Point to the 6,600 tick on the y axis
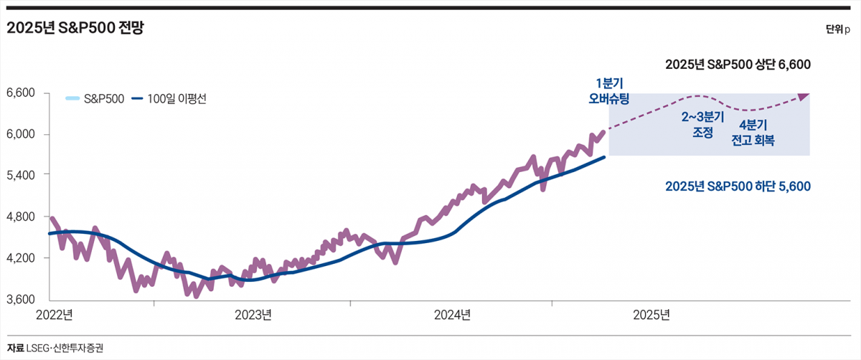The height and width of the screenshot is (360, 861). (x=21, y=93)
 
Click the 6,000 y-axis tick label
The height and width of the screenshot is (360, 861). (x=21, y=134)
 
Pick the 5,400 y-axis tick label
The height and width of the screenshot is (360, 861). (x=21, y=175)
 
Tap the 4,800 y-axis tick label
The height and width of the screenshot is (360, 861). (x=21, y=217)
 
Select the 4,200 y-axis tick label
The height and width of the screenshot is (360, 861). (x=21, y=257)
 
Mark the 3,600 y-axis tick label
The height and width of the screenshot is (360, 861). (x=21, y=299)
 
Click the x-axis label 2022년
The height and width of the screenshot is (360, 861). (x=54, y=315)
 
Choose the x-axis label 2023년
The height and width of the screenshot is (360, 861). (x=253, y=315)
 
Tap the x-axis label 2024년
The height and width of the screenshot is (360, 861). (x=452, y=315)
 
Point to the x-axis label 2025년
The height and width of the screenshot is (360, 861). (x=651, y=315)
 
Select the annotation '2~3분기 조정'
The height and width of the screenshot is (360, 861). (x=702, y=123)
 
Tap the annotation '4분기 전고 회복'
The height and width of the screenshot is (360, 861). (x=753, y=132)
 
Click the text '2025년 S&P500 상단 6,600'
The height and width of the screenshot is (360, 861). (x=738, y=65)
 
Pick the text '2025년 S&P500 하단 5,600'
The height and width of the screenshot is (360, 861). (x=738, y=186)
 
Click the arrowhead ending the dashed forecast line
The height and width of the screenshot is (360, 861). (x=804, y=95)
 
